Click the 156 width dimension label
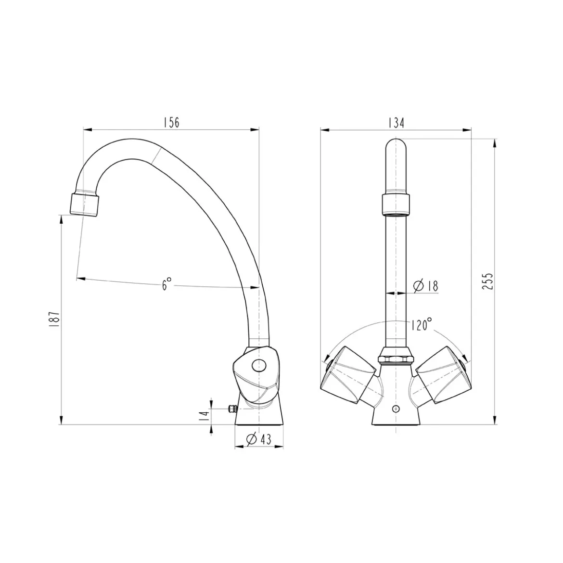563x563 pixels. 171,122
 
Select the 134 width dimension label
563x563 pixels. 396,123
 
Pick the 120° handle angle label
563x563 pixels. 422,325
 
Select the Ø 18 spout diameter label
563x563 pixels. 426,286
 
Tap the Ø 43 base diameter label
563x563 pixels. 258,439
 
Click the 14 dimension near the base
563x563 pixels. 205,415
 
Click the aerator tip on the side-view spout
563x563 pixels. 85,205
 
